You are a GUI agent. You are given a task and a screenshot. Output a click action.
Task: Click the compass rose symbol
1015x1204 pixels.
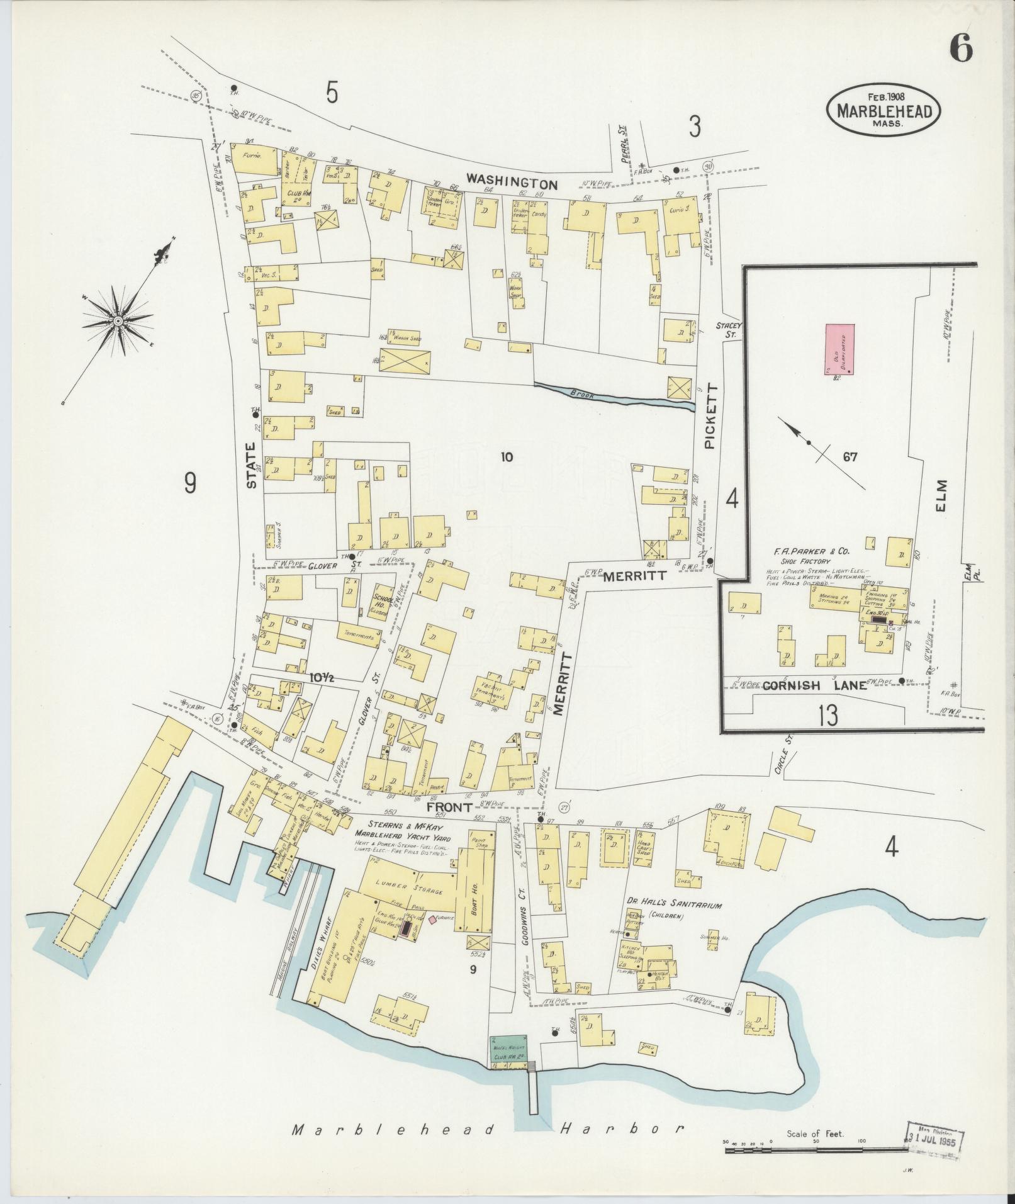(x=118, y=321)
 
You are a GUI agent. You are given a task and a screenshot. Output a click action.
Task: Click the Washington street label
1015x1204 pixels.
(x=512, y=184)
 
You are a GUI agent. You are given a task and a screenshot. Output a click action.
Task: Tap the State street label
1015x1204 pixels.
(x=251, y=466)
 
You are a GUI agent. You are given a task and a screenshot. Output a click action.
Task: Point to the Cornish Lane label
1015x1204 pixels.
(x=814, y=685)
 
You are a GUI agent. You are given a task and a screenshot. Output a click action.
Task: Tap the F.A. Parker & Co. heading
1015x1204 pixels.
(x=811, y=551)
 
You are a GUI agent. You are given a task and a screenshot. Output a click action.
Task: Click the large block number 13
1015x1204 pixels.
(x=828, y=716)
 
